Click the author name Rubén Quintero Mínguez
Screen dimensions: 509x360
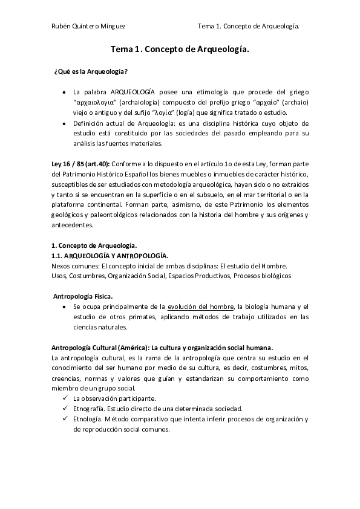pyautogui.click(x=89, y=27)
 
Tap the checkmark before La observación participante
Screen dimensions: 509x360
pyautogui.click(x=65, y=398)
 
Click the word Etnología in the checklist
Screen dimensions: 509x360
pyautogui.click(x=87, y=419)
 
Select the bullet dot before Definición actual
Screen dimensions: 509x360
pyautogui.click(x=65, y=123)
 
